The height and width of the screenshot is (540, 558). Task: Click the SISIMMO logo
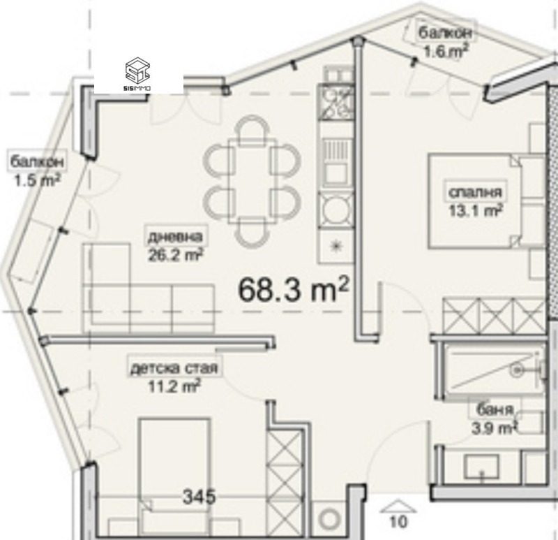[x=137, y=74]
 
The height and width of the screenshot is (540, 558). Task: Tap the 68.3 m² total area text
[x=294, y=289]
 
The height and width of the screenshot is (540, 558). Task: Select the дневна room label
[x=175, y=237]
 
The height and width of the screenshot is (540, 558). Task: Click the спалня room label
[x=475, y=192]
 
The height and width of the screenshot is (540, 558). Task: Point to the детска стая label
[x=174, y=367]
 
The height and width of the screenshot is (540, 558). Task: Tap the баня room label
[x=495, y=410]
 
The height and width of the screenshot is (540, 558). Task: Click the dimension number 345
[x=199, y=496]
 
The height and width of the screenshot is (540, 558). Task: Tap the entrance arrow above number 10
[x=398, y=506]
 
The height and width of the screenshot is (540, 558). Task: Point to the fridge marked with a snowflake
[x=336, y=247]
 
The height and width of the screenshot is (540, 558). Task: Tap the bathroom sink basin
[x=481, y=467]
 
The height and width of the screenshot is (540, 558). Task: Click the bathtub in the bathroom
[x=494, y=371]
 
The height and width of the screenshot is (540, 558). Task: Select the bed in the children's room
[x=174, y=478]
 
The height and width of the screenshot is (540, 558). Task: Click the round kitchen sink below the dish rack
[x=335, y=210]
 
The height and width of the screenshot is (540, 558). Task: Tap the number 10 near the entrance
[x=398, y=522]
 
